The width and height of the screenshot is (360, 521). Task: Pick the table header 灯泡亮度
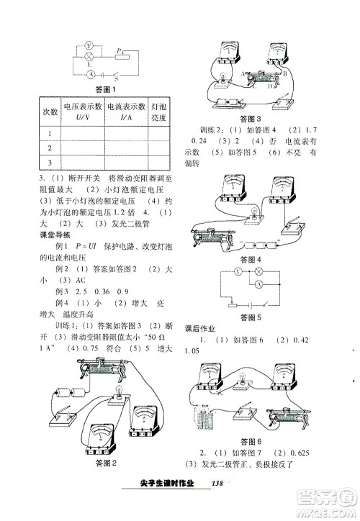tap(161, 112)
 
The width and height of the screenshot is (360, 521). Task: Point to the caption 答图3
tap(251, 118)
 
